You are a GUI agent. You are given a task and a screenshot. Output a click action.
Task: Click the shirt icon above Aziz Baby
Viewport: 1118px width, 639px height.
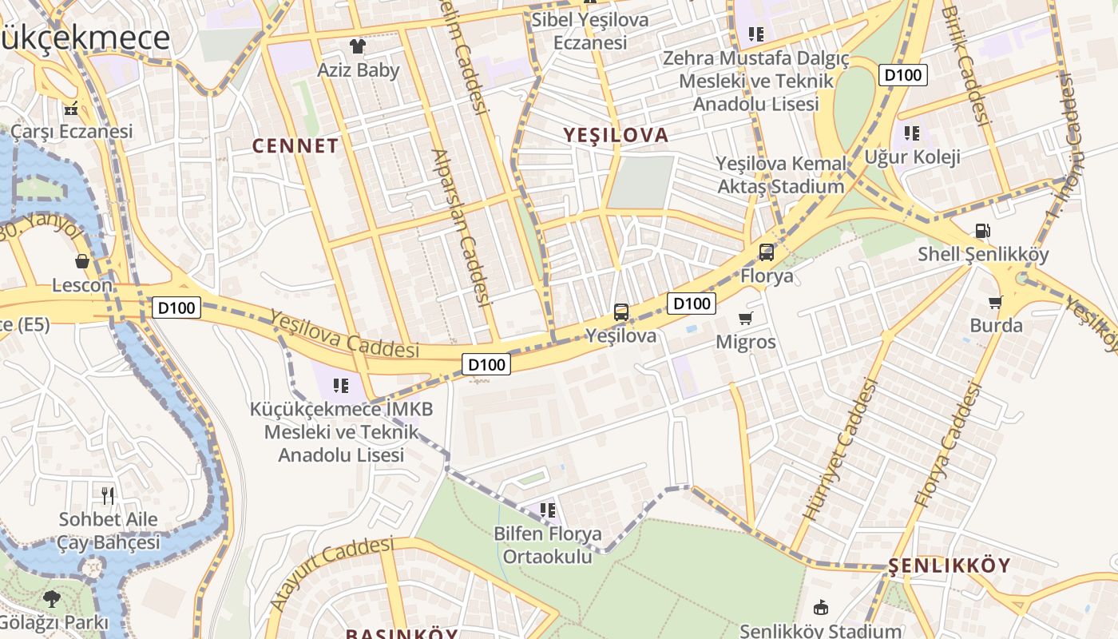point(356,46)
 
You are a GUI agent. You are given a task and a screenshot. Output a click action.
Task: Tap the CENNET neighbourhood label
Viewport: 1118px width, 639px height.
point(295,146)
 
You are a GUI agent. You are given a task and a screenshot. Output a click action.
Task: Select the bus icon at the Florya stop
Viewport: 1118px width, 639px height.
point(766,252)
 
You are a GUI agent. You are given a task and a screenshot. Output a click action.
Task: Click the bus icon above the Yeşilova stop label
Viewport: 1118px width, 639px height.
point(620,312)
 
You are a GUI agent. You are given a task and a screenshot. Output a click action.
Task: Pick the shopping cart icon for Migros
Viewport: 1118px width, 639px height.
point(745,319)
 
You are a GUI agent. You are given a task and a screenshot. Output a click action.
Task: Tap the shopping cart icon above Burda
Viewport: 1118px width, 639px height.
point(995,302)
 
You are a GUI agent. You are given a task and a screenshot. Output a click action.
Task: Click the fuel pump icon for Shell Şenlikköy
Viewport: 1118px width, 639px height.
point(982,231)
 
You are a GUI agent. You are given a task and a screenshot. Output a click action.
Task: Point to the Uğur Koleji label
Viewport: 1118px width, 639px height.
point(913,157)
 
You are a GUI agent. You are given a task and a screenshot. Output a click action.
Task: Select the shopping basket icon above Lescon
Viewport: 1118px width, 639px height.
point(82,261)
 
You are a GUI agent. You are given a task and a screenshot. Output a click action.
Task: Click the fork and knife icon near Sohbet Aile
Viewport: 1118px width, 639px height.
point(108,495)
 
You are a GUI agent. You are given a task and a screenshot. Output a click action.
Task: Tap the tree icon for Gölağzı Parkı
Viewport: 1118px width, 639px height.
point(52,598)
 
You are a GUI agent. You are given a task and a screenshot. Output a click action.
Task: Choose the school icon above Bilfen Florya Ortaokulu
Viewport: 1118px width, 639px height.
point(547,510)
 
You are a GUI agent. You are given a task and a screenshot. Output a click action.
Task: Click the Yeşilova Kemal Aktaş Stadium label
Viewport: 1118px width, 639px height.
point(780,175)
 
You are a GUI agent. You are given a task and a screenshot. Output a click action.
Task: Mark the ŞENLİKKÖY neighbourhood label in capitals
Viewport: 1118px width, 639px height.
point(949,566)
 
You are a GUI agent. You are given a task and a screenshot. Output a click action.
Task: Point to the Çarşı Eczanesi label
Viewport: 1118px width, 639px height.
point(72,131)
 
